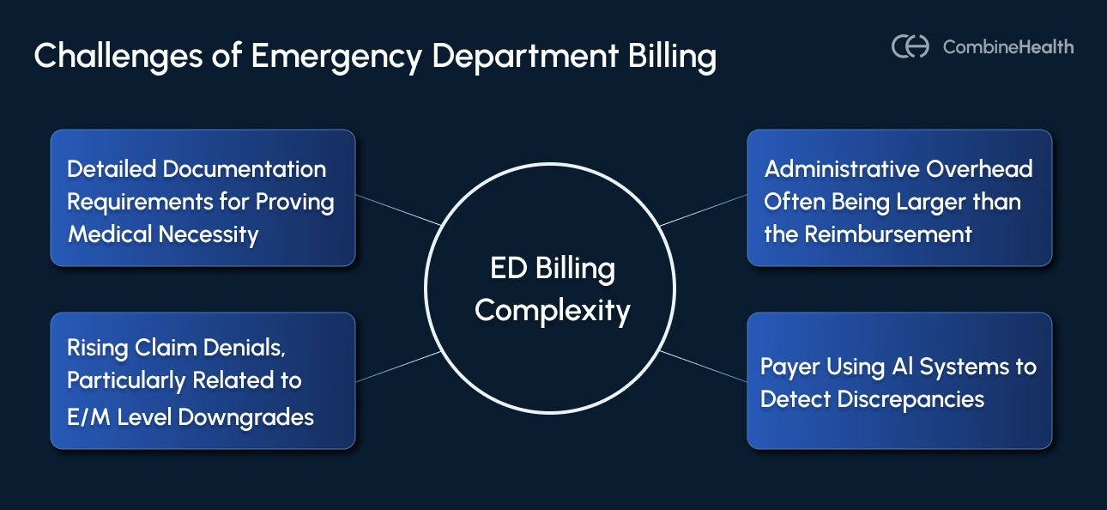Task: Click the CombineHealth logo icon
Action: coord(910,46)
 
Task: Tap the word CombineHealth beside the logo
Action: coord(1007,47)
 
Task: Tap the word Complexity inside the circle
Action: coord(552,310)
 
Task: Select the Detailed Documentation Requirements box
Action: coord(203,197)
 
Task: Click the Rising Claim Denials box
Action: coord(203,380)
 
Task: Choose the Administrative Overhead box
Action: coord(898,197)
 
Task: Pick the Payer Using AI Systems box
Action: coord(898,380)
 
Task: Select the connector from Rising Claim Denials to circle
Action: coord(399,366)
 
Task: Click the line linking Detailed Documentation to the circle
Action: coord(399,210)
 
